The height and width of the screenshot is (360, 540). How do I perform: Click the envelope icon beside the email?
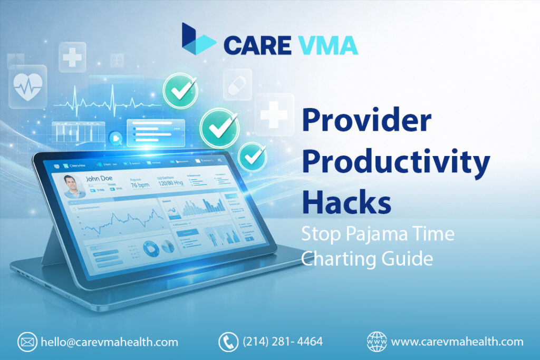click(27, 342)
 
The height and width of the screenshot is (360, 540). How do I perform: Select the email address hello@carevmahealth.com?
click(109, 342)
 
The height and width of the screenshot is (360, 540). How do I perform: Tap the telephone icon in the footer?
click(228, 342)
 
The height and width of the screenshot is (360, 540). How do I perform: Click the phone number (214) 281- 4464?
click(283, 342)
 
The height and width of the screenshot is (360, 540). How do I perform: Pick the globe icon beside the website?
click(377, 342)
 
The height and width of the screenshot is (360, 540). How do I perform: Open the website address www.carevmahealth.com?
click(457, 342)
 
